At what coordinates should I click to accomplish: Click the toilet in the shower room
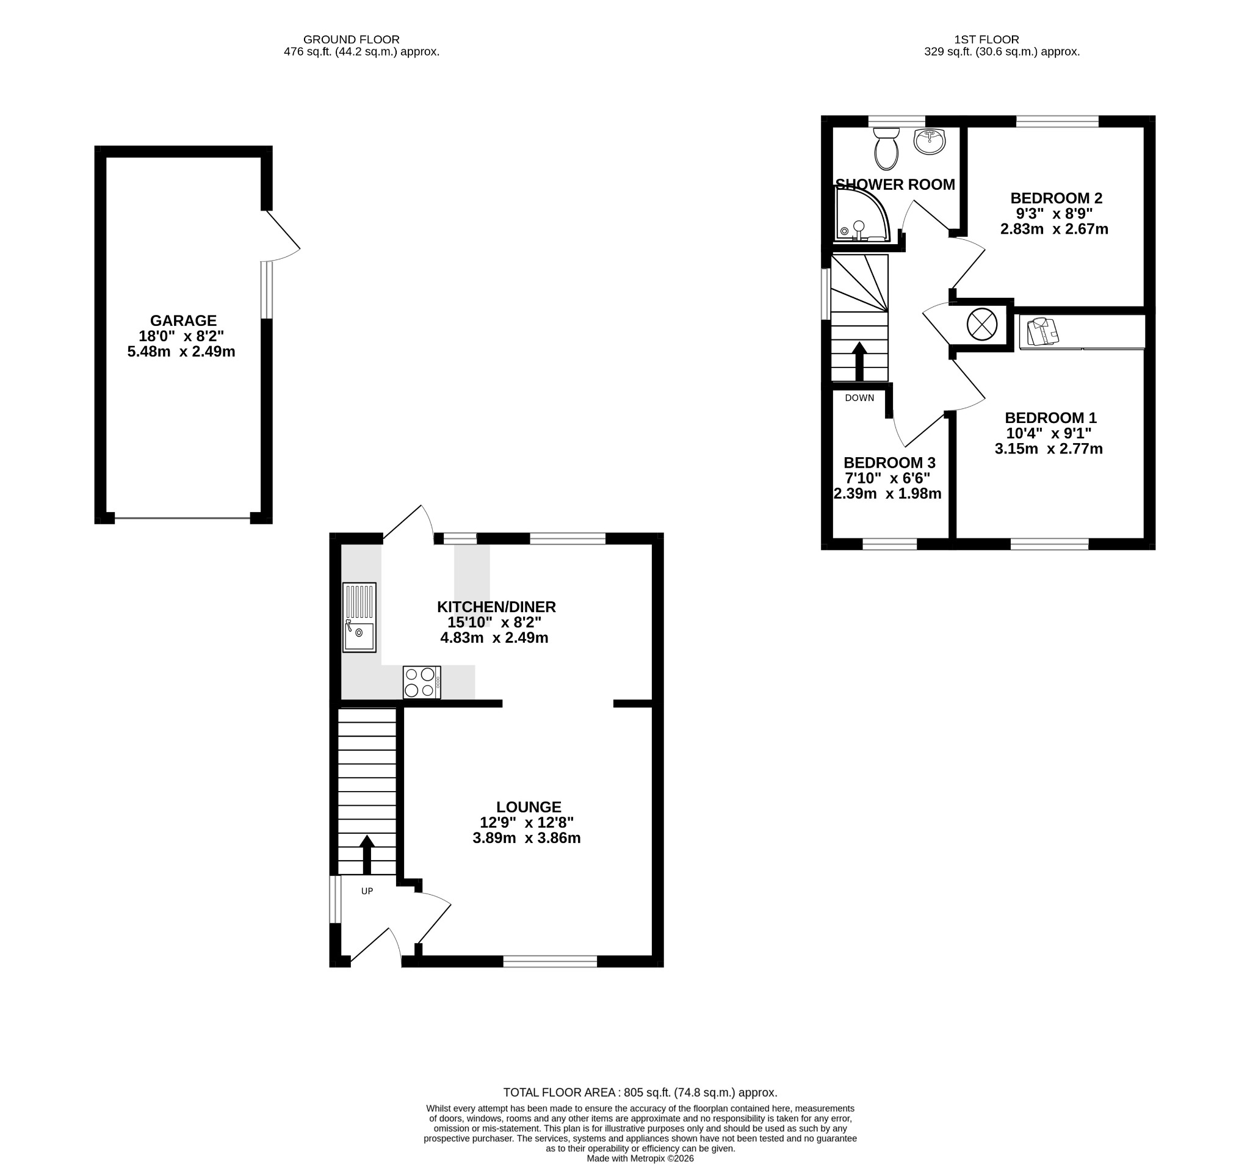coord(887,148)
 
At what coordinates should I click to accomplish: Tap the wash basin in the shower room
coord(930,142)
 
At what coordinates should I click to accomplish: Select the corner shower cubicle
coord(862,214)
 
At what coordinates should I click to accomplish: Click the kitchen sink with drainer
coord(359,617)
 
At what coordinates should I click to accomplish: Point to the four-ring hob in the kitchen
coord(422,682)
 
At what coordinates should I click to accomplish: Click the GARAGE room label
coord(183,320)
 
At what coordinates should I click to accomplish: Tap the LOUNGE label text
coord(528,807)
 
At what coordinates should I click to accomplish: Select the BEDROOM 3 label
coord(889,463)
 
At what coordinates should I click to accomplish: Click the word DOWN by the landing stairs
coord(859,398)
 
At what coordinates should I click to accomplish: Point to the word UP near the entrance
coord(367,891)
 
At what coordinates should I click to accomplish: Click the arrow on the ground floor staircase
coord(367,855)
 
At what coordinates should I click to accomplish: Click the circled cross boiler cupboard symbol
coord(981,325)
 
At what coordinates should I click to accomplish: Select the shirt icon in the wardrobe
coord(1042,331)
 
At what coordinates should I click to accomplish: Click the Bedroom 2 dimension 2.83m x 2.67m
coord(1054,229)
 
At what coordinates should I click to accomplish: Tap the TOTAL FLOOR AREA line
coord(640,1093)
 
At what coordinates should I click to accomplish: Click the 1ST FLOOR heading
coord(986,40)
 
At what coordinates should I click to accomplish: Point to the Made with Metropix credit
coord(640,1159)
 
